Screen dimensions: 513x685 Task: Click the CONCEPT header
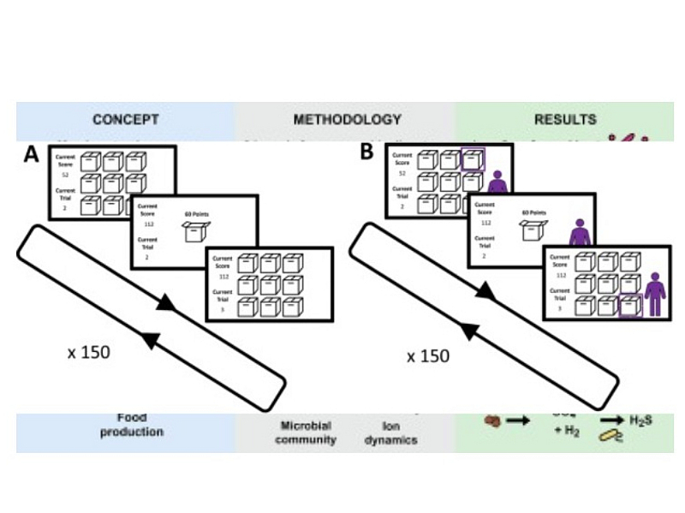(x=126, y=119)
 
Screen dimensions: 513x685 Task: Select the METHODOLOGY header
(x=347, y=119)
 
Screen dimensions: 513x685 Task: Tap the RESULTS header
(x=565, y=119)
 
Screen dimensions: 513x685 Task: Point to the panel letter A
(x=32, y=155)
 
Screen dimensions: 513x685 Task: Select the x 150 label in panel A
(x=89, y=351)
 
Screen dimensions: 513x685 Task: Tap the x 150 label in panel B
(x=428, y=355)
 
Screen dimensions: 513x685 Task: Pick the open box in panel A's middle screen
(x=198, y=233)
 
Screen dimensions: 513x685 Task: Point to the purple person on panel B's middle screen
(x=580, y=231)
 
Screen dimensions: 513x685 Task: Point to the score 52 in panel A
(x=65, y=173)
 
